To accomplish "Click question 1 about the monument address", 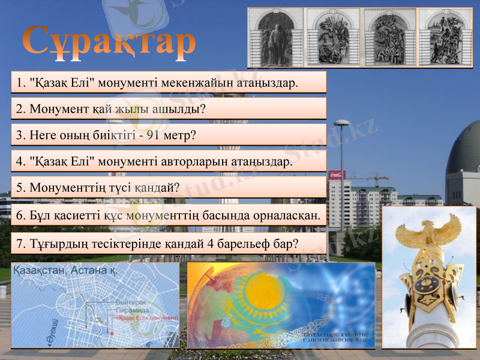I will point(158,82).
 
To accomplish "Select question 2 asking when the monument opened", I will point(111,109).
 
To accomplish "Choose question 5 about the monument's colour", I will point(99,188).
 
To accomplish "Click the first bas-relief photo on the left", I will point(275,37).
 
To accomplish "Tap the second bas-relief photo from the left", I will point(332,37).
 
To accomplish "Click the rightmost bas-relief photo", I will point(445,37).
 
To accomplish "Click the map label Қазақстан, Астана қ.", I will point(65,271).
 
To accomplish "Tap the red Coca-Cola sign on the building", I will point(337,175).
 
